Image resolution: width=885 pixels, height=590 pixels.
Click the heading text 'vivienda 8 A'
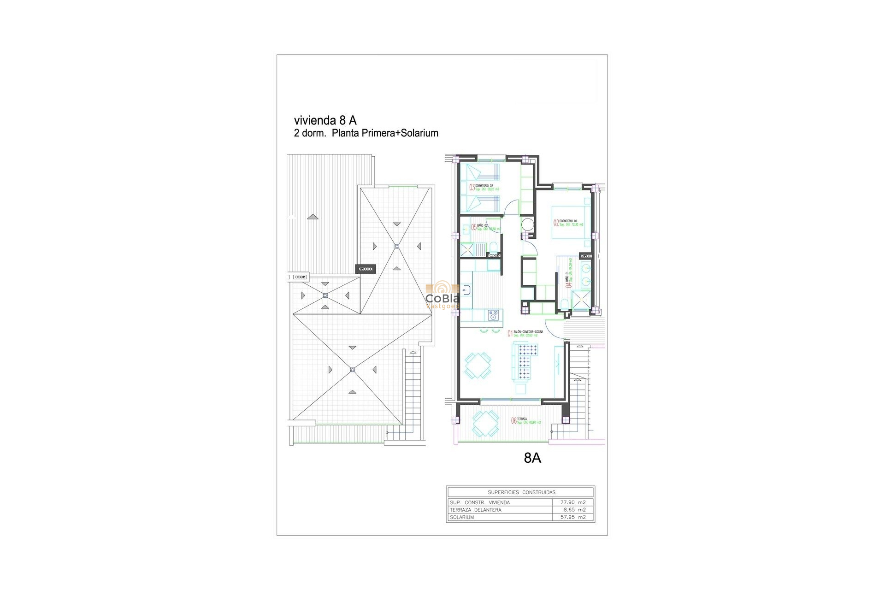point(325,120)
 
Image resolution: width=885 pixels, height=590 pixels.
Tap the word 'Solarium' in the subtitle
point(419,133)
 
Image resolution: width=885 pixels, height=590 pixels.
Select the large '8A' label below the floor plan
point(532,458)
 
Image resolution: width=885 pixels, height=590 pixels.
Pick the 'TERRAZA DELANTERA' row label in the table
point(475,510)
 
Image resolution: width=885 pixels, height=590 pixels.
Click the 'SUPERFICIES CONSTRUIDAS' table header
point(521,492)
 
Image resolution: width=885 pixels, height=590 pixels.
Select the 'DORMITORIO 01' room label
point(568,221)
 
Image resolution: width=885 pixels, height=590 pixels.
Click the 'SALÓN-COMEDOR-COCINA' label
point(528,332)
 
